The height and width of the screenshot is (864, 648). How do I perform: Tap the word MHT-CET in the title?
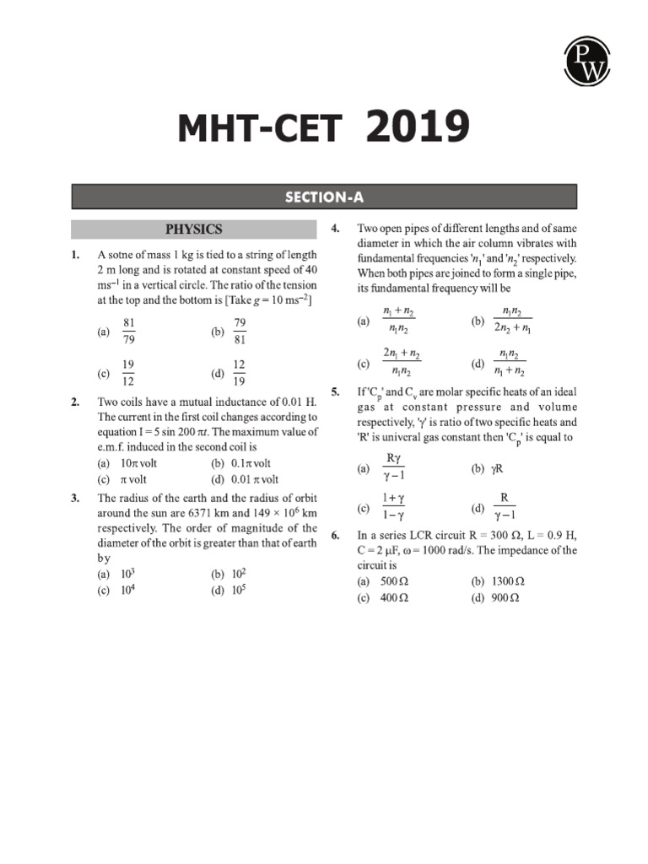coord(259,131)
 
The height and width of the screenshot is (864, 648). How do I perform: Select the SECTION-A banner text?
coord(324,197)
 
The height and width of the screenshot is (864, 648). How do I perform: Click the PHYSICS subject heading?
coord(193,229)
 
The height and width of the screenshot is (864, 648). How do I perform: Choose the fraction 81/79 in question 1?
coord(129,332)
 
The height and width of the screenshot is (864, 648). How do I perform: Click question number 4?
coord(335,229)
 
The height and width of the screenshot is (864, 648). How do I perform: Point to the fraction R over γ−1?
coord(504,506)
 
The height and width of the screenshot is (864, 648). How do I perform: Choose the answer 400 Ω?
coord(394,597)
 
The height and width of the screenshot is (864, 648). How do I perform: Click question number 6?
coord(335,535)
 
